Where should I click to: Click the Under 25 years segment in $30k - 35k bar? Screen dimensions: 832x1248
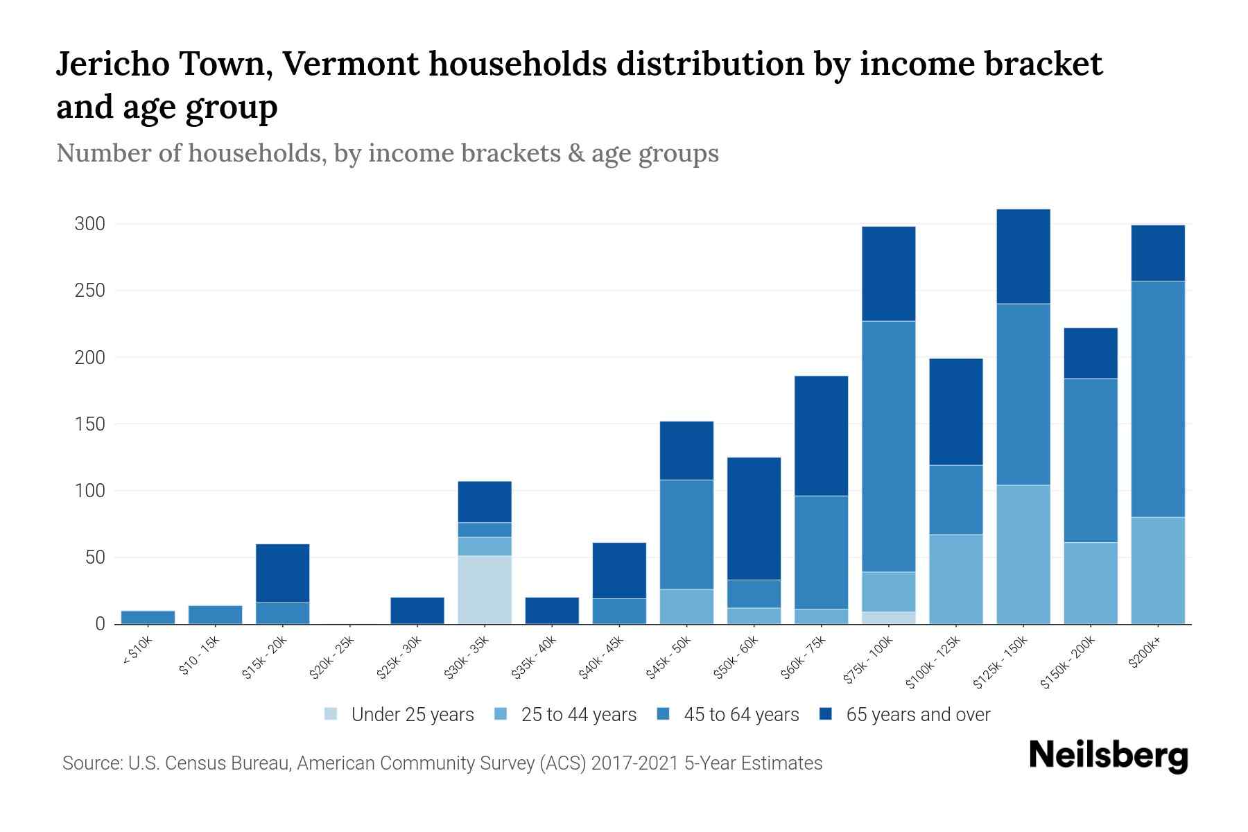click(485, 589)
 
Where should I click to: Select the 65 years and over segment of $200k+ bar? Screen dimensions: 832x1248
click(1157, 253)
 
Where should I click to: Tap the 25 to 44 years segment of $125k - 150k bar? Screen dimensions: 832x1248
click(1023, 554)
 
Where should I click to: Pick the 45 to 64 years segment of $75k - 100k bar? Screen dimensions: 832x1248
click(888, 446)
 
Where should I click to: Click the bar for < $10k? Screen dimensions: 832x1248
click(148, 617)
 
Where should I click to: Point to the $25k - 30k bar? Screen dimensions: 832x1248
click(417, 610)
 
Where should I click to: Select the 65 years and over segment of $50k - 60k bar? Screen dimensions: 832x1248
click(754, 518)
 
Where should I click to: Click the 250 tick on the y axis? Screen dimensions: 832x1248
click(90, 291)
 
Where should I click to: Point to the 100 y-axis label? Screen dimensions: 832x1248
click(90, 491)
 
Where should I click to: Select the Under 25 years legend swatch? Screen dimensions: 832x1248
click(331, 714)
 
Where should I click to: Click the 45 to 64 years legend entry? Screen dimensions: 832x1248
click(741, 714)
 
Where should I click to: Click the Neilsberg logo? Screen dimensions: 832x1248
click(1108, 756)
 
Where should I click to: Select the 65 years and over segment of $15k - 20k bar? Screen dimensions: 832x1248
click(283, 573)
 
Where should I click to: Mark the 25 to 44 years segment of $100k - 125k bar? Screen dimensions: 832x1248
click(955, 579)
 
